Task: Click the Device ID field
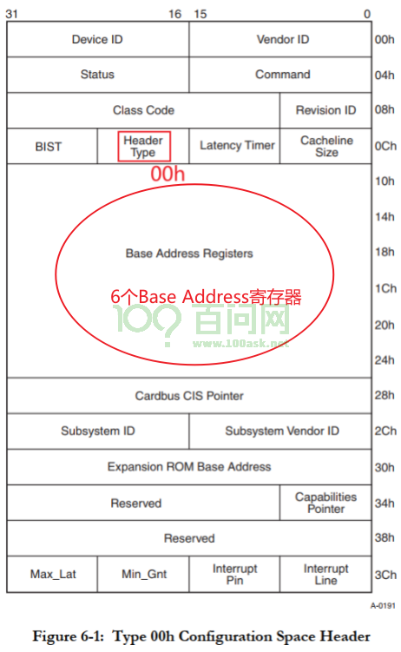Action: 98,40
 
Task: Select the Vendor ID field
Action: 280,40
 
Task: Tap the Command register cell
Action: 280,75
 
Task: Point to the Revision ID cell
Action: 325,110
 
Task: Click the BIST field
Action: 52,147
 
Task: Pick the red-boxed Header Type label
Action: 144,147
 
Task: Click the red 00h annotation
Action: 168,174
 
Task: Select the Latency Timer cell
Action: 234,146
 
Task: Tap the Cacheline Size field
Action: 325,146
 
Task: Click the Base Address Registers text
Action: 189,254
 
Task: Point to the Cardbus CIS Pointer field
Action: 189,396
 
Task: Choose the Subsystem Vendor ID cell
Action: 280,431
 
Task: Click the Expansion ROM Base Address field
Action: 189,467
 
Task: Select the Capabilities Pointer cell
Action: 325,503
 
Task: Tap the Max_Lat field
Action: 52,574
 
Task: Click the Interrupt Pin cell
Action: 234,574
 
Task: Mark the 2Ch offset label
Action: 385,431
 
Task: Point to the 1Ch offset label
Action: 385,288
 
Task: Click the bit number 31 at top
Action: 11,14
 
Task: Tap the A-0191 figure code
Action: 383,605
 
